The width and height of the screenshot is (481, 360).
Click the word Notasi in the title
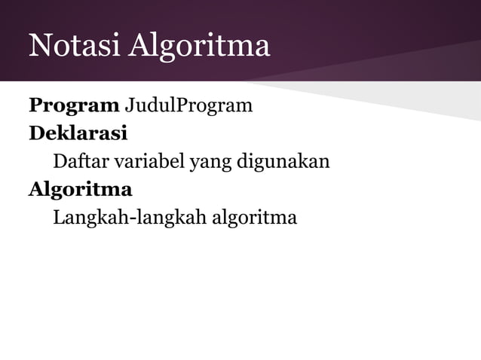[x=75, y=47]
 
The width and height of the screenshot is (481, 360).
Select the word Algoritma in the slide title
[x=199, y=47]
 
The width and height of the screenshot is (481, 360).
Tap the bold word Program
[x=74, y=105]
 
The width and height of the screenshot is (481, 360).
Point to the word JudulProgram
[x=188, y=105]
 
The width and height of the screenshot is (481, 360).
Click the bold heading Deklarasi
[x=78, y=133]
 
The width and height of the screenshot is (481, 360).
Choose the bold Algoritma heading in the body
[x=81, y=189]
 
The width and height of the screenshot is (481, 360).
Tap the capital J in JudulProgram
[x=128, y=105]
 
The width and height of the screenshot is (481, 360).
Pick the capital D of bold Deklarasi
[x=36, y=133]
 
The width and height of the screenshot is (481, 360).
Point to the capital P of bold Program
[x=35, y=105]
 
